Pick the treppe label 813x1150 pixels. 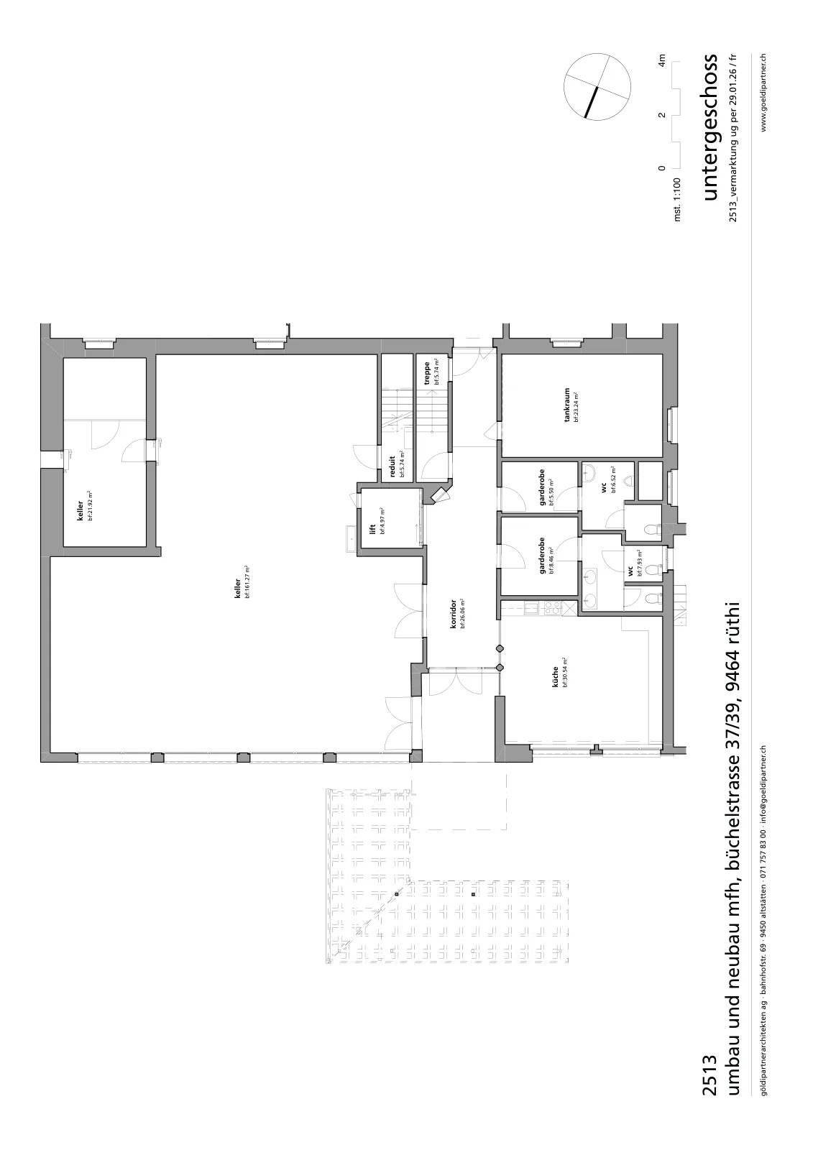coord(427,374)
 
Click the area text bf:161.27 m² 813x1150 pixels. coord(247,581)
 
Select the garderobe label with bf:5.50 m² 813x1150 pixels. coord(542,488)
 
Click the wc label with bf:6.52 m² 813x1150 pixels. coord(604,488)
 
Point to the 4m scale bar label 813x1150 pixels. coord(662,60)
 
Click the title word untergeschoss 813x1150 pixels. coord(711,126)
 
